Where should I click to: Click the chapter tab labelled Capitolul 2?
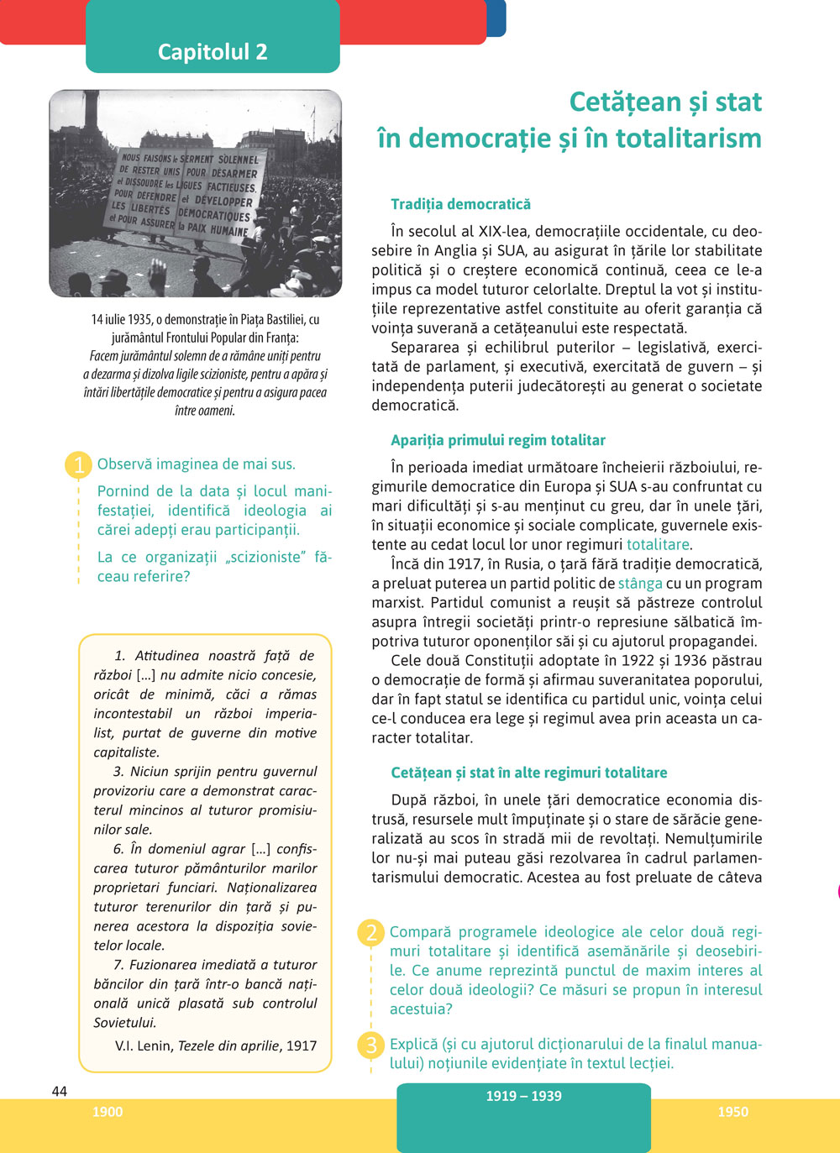point(213,52)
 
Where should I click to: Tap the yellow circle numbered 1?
point(78,464)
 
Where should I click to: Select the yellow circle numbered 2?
point(370,933)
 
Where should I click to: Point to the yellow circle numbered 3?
point(370,1046)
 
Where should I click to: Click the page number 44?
point(59,1091)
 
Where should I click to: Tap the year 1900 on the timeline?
point(108,1112)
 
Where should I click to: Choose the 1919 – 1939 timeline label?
point(523,1096)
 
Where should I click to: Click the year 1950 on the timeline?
point(732,1112)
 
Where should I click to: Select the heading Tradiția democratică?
point(460,204)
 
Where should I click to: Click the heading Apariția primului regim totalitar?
point(497,440)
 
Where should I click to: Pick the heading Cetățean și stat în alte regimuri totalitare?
point(529,773)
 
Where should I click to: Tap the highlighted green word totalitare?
point(658,544)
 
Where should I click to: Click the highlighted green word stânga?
point(640,583)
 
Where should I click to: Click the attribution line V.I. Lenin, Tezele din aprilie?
point(216,1046)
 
